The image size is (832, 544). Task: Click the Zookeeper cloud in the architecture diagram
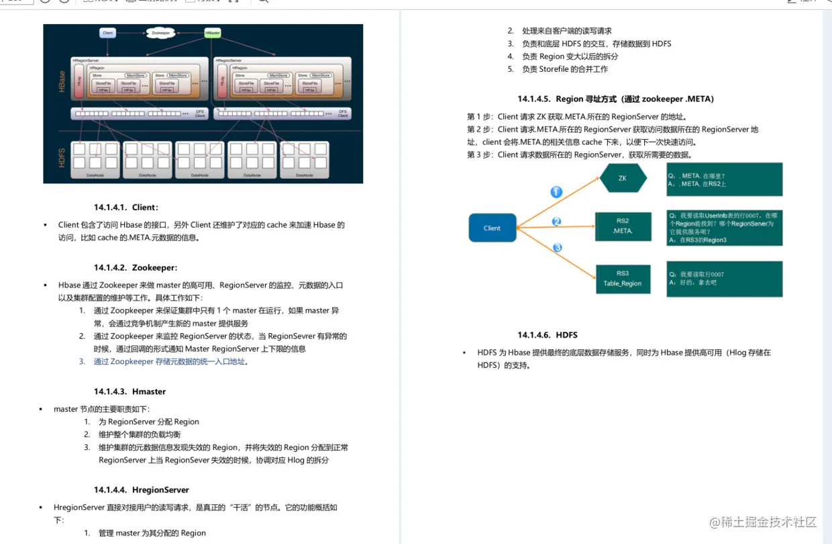coord(160,32)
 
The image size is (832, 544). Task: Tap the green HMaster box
coord(213,32)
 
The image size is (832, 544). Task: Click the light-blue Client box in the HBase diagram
coord(107,32)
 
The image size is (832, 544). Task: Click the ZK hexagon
coord(623,178)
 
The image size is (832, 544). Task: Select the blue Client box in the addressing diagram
coord(492,228)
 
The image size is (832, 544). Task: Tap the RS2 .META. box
coord(623,226)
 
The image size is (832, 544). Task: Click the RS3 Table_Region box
coord(623,279)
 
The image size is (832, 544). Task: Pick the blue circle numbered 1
coord(556,192)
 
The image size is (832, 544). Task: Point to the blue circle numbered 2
coord(556,221)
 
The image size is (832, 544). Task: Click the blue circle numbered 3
coord(557,248)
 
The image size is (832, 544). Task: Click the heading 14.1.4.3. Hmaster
coord(129,392)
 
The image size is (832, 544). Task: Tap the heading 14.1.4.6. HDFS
coord(547,334)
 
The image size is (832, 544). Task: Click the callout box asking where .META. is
coord(724,179)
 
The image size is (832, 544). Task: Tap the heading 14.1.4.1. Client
coord(126,207)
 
